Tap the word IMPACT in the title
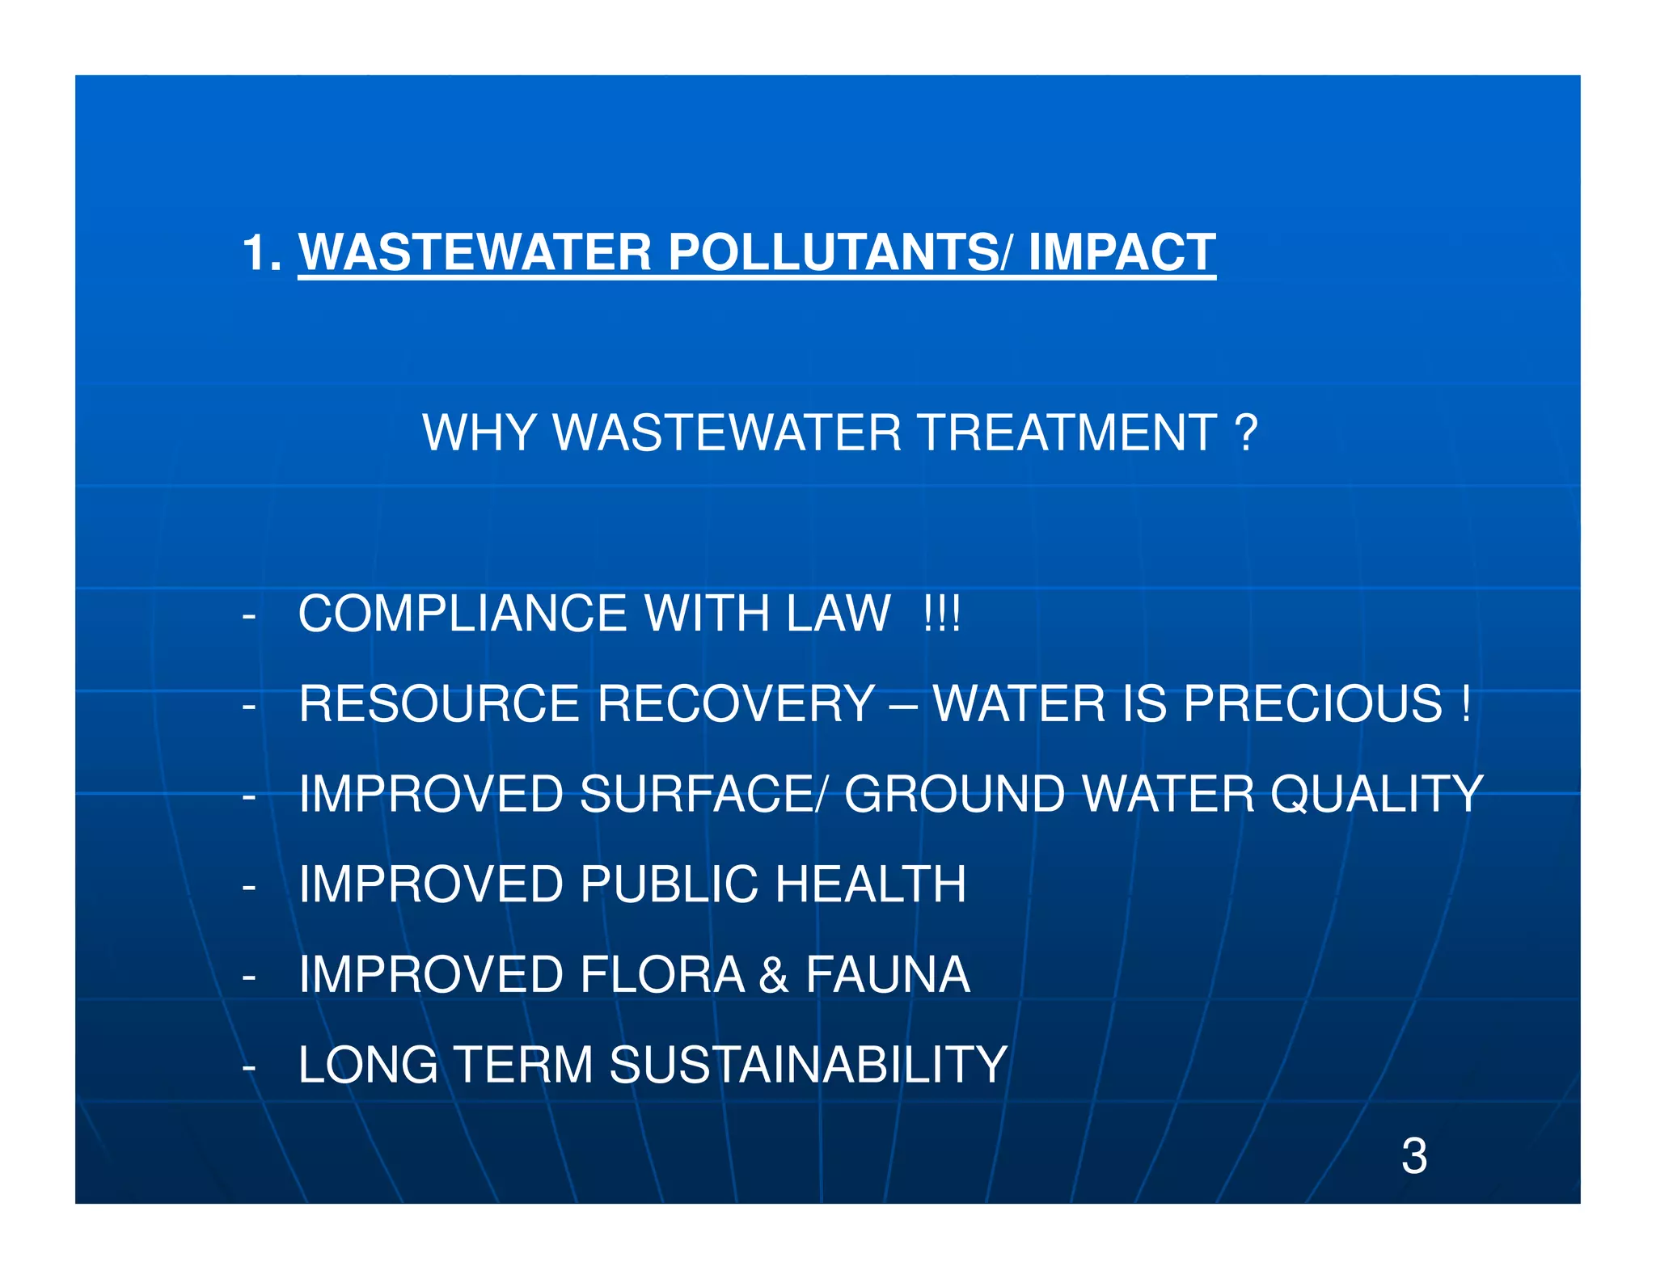point(1122,252)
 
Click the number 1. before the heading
point(262,252)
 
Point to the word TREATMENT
point(1068,433)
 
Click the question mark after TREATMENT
point(1247,433)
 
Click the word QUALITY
point(1376,794)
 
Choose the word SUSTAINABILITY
point(808,1065)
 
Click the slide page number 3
point(1414,1156)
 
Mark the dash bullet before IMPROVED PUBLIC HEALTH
point(249,887)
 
